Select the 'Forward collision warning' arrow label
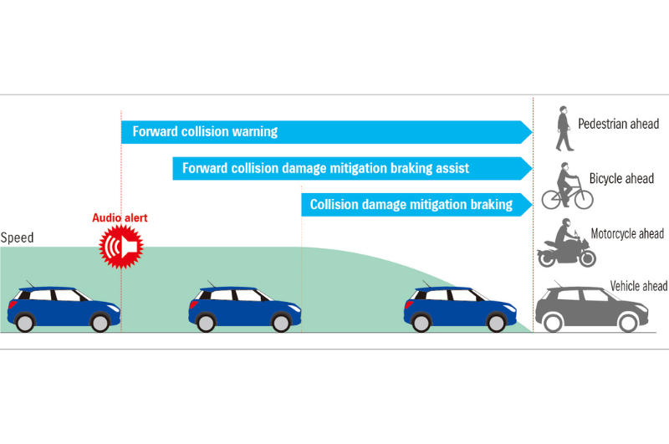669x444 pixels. click(205, 131)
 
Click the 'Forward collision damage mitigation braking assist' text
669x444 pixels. click(325, 168)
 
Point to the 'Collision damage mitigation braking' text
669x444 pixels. click(411, 204)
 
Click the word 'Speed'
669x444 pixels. click(17, 237)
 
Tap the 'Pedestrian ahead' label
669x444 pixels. click(618, 124)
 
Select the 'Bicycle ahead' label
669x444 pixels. click(621, 179)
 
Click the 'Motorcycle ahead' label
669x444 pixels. click(627, 233)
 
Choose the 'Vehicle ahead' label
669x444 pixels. click(639, 287)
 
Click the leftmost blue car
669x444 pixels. click(63, 307)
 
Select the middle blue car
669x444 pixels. click(243, 307)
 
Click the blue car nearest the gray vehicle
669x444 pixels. click(459, 307)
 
